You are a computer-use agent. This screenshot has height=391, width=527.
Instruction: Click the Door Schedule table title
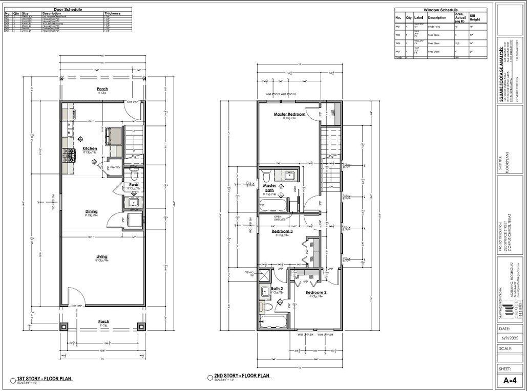point(68,9)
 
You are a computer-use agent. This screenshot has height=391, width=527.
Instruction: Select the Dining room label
point(91,211)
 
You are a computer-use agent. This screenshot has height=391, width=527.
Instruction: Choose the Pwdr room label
point(134,184)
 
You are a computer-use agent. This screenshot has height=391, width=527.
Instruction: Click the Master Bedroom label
point(289,114)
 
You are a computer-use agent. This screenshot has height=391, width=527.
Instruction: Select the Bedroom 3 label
point(282,231)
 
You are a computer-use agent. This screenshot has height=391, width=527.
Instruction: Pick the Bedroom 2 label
point(316,293)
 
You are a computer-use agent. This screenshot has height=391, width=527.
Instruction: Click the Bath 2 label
point(277,289)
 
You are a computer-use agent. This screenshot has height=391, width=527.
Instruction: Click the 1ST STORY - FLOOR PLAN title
point(40,379)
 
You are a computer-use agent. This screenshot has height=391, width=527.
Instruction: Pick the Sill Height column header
point(476,18)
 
